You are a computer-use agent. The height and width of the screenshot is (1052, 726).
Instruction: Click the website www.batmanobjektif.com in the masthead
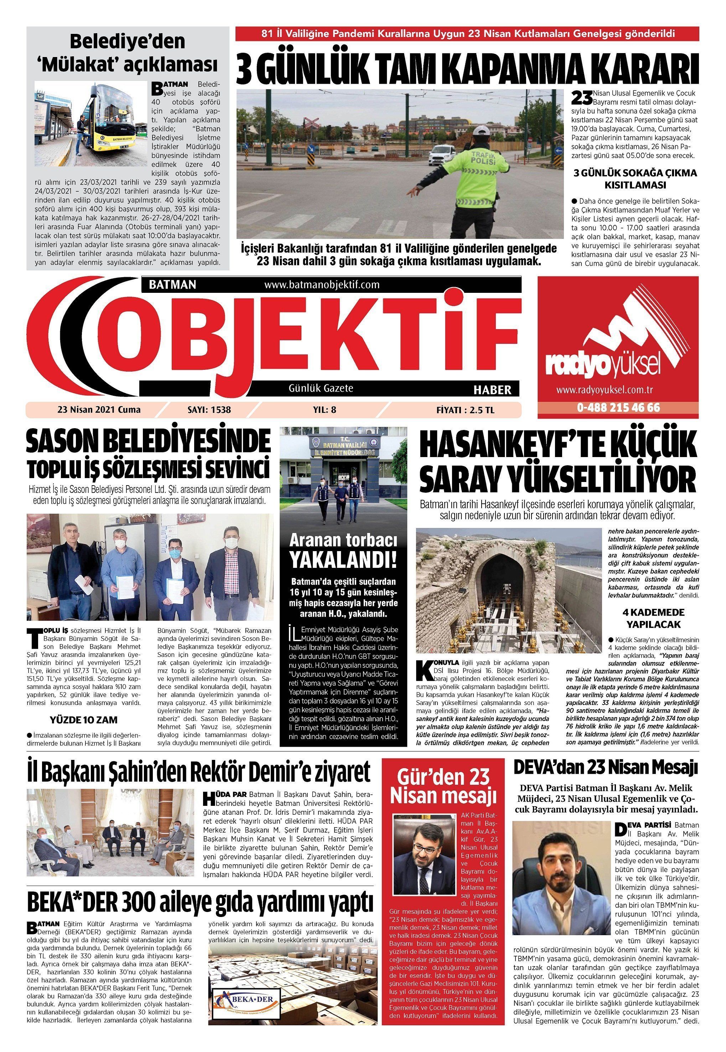pyautogui.click(x=322, y=285)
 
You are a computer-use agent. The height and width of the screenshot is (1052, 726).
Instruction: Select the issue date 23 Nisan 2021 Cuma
pyautogui.click(x=99, y=409)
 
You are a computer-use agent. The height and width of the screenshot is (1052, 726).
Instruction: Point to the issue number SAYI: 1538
pyautogui.click(x=209, y=409)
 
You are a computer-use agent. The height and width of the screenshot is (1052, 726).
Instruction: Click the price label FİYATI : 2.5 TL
pyautogui.click(x=465, y=409)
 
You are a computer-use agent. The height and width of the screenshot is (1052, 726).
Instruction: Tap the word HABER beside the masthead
pyautogui.click(x=492, y=389)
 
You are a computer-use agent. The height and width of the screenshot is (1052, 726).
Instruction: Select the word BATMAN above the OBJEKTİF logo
pyautogui.click(x=172, y=285)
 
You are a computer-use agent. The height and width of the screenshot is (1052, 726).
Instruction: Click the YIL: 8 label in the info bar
pyautogui.click(x=325, y=409)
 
